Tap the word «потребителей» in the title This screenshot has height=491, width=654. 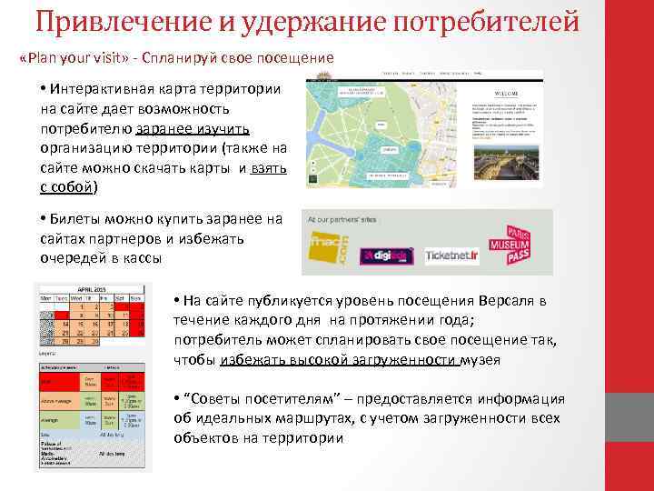pyautogui.click(x=508, y=19)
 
